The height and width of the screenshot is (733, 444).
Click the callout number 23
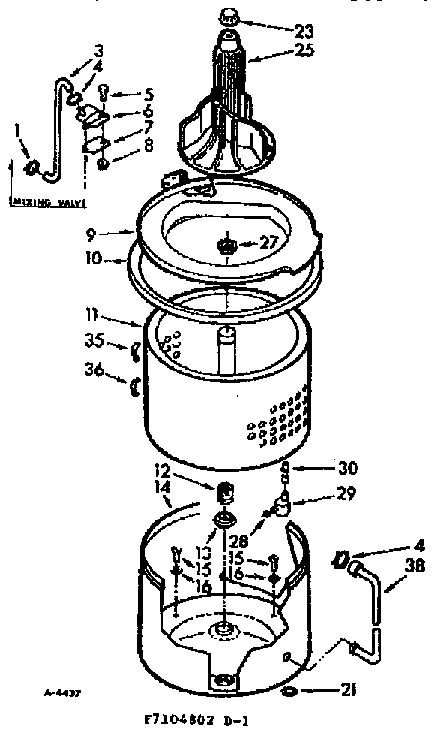click(x=304, y=32)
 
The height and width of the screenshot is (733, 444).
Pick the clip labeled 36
click(x=135, y=386)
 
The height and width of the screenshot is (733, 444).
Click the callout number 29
click(x=325, y=495)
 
